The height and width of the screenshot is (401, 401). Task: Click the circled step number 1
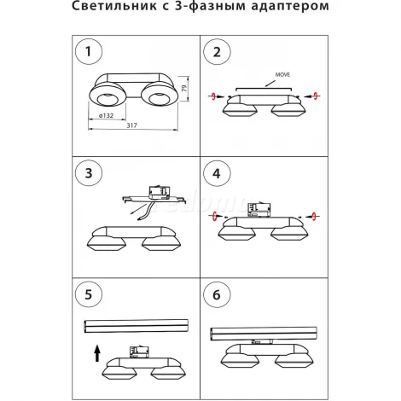pyautogui.click(x=87, y=53)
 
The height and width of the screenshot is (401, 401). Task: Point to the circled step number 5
pyautogui.click(x=87, y=296)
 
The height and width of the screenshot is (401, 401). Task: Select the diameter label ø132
pyautogui.click(x=107, y=114)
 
